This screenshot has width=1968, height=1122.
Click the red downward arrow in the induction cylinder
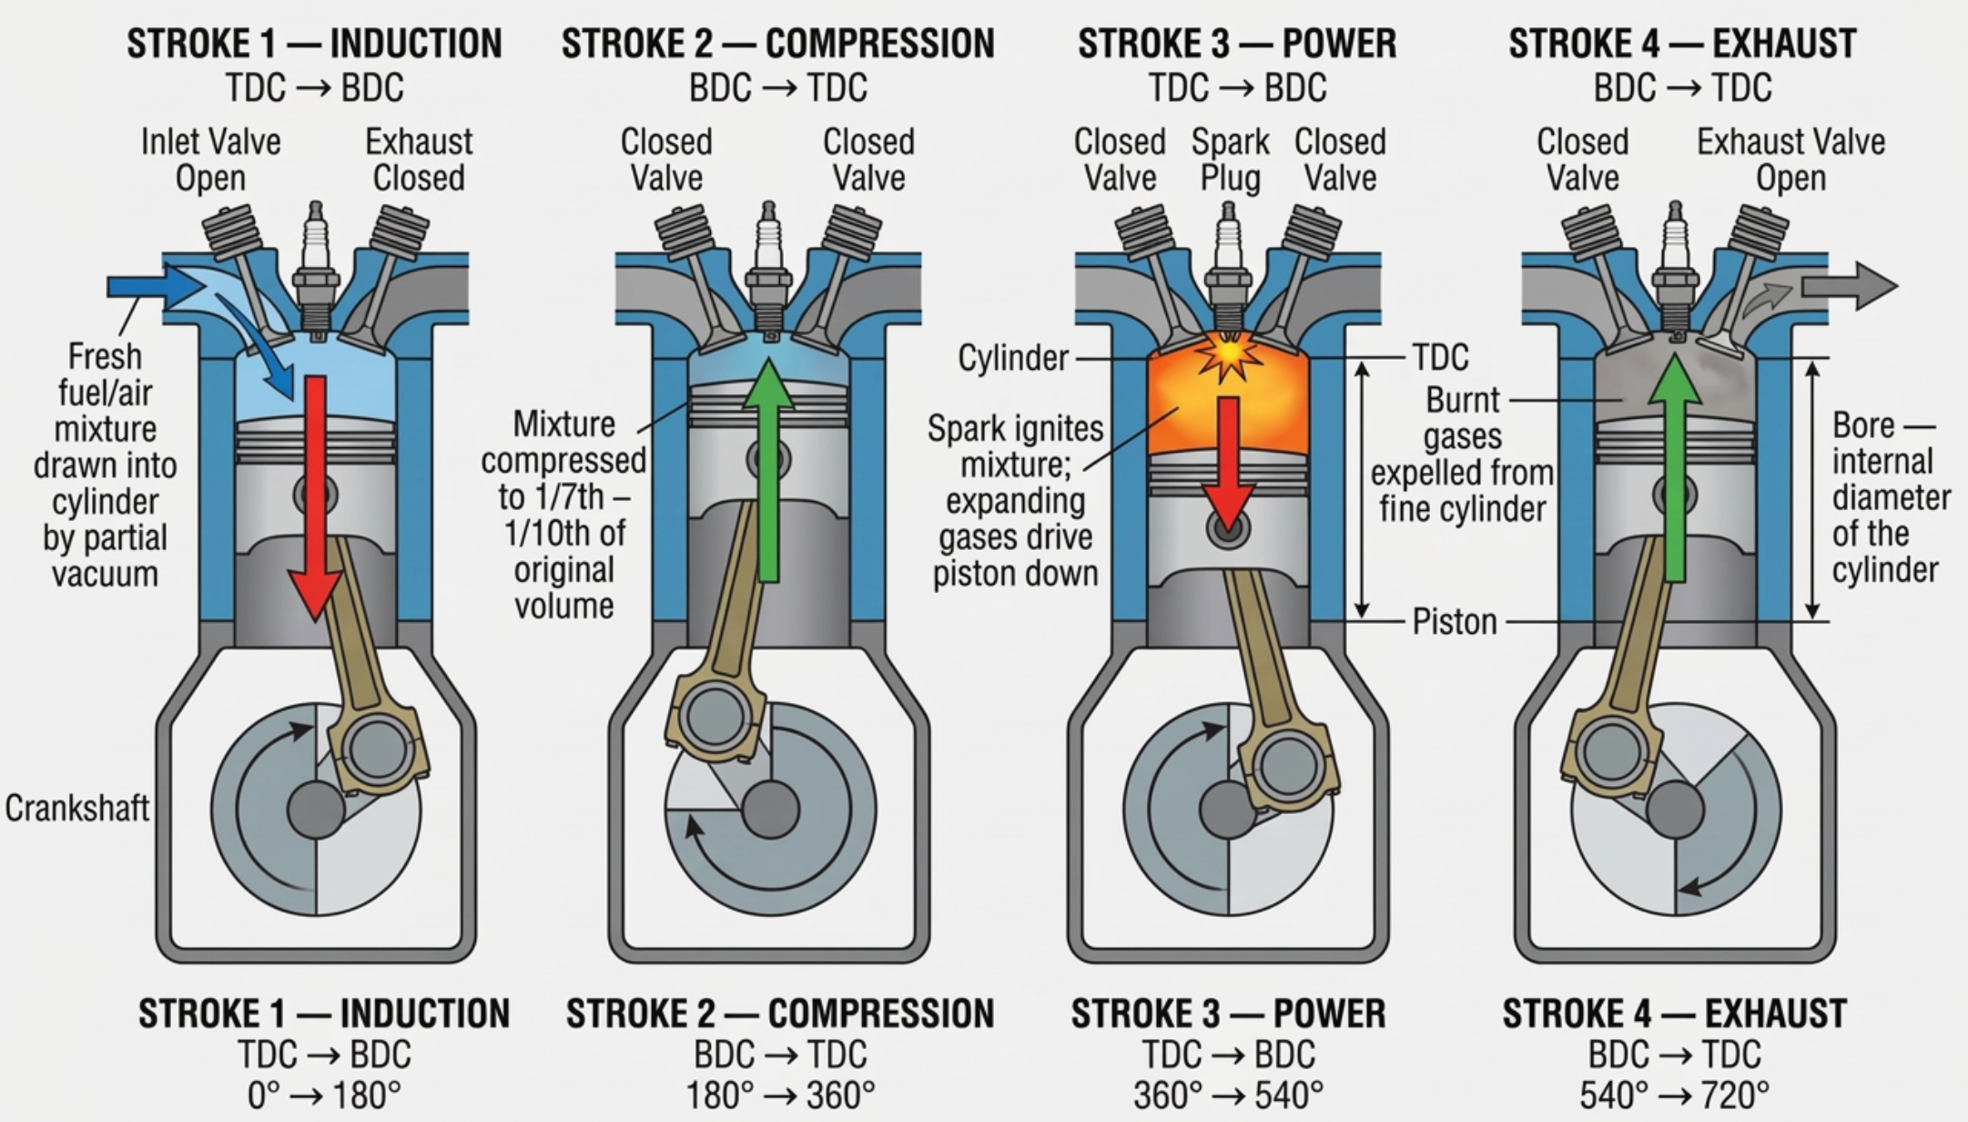pyautogui.click(x=315, y=492)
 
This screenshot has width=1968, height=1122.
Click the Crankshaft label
pyautogui.click(x=76, y=808)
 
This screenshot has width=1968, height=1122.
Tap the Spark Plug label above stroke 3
pyautogui.click(x=1230, y=159)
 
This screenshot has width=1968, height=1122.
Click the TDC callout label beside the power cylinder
pyautogui.click(x=1440, y=357)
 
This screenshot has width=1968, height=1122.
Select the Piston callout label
pyautogui.click(x=1454, y=622)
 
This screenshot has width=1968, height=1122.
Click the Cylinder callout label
pyautogui.click(x=1012, y=358)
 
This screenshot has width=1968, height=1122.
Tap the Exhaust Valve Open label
pyautogui.click(x=1790, y=159)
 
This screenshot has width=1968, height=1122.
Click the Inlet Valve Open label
pyautogui.click(x=210, y=159)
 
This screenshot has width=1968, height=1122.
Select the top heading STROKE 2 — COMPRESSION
pyautogui.click(x=777, y=44)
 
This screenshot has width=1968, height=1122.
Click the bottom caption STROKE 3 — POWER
pyautogui.click(x=1228, y=1014)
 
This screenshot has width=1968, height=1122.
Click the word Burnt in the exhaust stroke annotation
pyautogui.click(x=1462, y=400)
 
